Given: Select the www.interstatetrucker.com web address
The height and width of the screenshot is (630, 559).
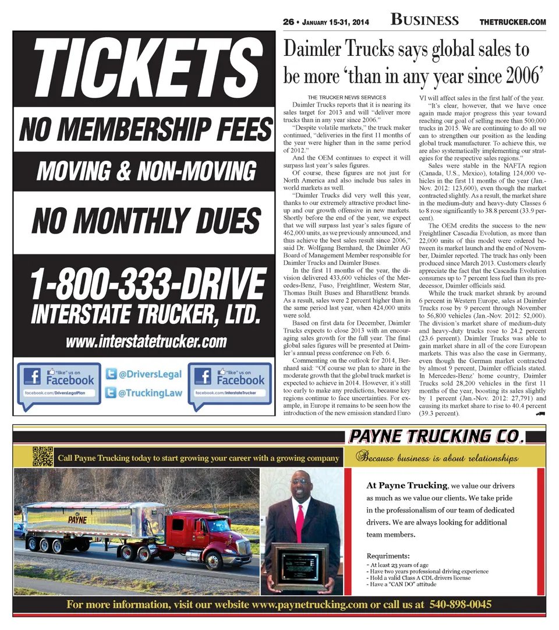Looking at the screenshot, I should point(146,341).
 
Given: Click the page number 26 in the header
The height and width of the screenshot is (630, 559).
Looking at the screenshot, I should point(288,22).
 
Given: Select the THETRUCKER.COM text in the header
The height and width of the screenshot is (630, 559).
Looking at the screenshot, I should point(512,22).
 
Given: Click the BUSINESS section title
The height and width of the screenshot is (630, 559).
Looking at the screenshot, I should point(424,20).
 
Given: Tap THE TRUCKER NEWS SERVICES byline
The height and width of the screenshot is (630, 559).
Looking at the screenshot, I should point(346,97).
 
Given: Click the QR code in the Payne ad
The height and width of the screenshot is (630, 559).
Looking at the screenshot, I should point(43,456).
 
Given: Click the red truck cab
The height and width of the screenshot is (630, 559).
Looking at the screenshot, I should point(204,533).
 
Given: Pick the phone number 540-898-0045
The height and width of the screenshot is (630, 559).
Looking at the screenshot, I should point(460,604).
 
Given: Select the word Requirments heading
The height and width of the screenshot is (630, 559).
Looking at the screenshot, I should point(388,555).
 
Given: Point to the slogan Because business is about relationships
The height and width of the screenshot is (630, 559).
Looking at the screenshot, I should point(438,458).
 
